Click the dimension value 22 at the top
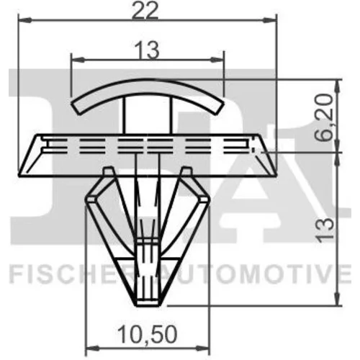[145, 11]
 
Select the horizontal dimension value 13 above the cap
[147, 50]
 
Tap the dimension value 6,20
[324, 117]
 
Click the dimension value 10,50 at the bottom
[148, 334]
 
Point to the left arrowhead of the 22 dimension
[24, 20]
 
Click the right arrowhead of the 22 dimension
[270, 20]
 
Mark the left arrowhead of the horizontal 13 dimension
[78, 60]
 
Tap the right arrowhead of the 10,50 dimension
[203, 348]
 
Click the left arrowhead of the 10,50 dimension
[92, 348]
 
